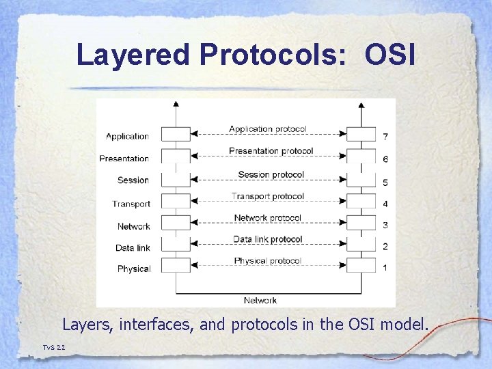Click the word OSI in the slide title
tap(390, 55)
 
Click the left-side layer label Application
tap(127, 137)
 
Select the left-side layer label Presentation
tap(124, 159)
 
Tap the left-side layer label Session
tap(133, 180)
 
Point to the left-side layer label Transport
tap(131, 204)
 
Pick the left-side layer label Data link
tap(133, 247)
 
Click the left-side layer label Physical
tap(133, 269)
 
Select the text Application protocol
tap(268, 128)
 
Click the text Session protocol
tap(271, 175)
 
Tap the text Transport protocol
tap(267, 197)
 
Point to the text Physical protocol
tap(267, 261)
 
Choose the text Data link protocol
tap(267, 239)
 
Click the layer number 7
tap(385, 137)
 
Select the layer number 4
tap(385, 204)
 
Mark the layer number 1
tap(385, 268)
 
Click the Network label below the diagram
tap(260, 301)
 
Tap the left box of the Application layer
tap(176, 134)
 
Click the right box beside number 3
tap(361, 223)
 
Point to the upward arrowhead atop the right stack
tap(361, 104)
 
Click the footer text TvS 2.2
tap(54, 348)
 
